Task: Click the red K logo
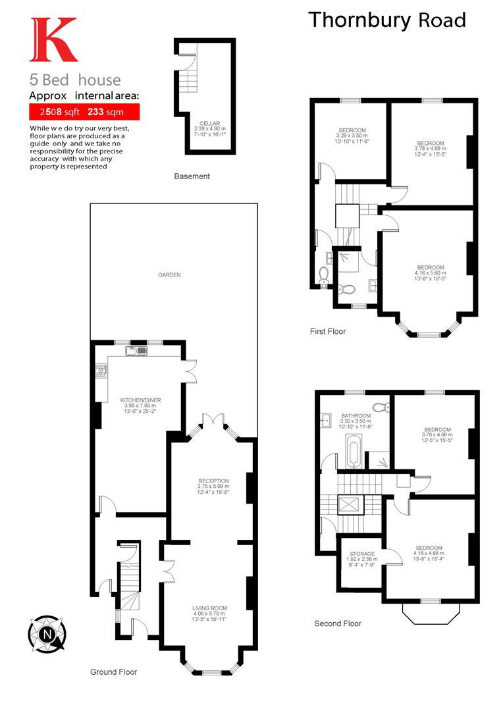(x=53, y=39)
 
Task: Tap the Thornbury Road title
(x=387, y=20)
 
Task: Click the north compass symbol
(x=47, y=634)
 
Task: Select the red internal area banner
(x=84, y=111)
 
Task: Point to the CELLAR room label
(x=209, y=129)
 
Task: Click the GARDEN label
(x=169, y=275)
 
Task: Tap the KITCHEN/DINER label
(x=140, y=406)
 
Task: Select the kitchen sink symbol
(x=136, y=350)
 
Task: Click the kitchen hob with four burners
(x=101, y=371)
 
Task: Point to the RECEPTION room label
(x=213, y=486)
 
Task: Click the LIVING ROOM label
(x=209, y=614)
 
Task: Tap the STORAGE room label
(x=362, y=559)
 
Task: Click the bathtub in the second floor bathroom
(x=353, y=451)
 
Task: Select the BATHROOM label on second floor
(x=356, y=421)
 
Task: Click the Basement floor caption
(x=192, y=176)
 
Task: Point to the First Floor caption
(x=327, y=331)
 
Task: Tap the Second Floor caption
(x=338, y=623)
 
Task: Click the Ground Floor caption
(x=113, y=672)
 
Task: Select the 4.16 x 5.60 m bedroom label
(x=431, y=273)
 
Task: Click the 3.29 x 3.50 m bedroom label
(x=352, y=136)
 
